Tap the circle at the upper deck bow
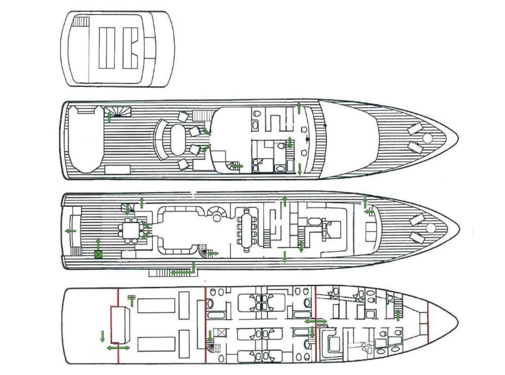click(427, 139)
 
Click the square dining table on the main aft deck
click(132, 230)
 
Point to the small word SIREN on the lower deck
click(323, 325)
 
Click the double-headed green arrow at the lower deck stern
click(117, 348)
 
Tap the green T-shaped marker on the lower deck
click(132, 298)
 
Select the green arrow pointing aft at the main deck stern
click(70, 230)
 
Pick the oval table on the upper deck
click(176, 137)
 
